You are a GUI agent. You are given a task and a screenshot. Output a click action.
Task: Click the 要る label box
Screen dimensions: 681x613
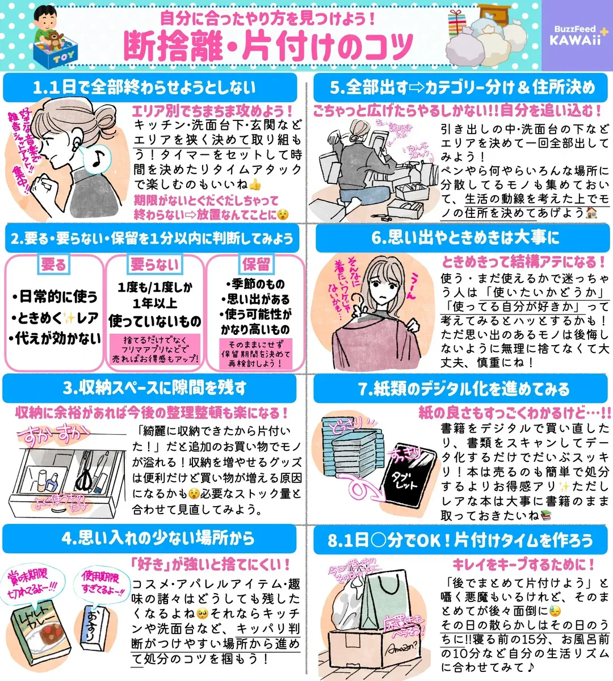53,264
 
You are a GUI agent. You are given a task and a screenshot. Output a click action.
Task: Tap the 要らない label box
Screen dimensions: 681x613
154,264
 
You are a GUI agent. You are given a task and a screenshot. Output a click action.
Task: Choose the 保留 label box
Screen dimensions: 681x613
256,264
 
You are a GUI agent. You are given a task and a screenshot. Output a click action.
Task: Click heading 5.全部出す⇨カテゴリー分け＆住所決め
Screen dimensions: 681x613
461,87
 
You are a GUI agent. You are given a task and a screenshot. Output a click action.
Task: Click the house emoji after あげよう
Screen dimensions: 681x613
591,213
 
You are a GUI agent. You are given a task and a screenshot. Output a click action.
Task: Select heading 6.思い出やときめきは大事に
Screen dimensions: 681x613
461,238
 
